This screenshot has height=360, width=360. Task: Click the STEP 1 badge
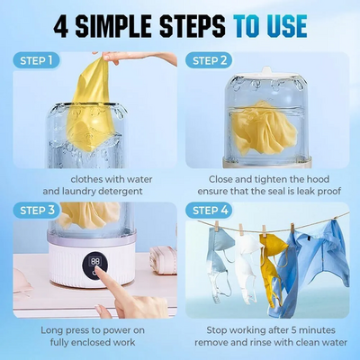click(36, 60)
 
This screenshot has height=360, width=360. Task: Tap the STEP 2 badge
click(209, 60)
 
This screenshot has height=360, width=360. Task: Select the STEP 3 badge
click(36, 211)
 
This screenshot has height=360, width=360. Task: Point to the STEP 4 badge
click(209, 211)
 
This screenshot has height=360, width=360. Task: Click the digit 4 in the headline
click(61, 26)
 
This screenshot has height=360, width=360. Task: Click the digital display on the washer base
click(95, 262)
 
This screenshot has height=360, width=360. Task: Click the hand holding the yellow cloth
click(135, 57)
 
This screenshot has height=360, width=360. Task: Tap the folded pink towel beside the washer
click(164, 260)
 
